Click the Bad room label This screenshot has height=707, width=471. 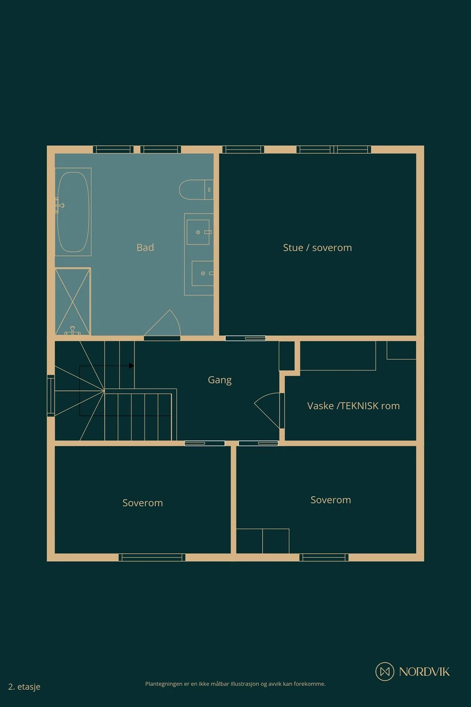145,247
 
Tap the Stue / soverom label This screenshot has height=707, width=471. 317,248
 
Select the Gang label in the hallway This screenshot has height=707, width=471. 220,380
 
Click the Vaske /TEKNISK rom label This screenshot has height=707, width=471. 354,406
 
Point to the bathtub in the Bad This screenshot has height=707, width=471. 73,212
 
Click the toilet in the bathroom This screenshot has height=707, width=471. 196,190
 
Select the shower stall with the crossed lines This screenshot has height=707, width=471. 73,301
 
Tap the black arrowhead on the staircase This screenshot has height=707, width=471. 132,366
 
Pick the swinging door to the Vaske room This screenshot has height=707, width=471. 268,411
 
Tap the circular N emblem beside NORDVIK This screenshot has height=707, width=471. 384,672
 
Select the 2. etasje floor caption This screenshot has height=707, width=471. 24,687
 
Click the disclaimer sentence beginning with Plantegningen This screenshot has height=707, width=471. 235,684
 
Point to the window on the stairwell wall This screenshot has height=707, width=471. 51,395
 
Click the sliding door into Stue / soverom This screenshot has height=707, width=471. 245,338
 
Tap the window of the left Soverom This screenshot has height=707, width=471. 152,558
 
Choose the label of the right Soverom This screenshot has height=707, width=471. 331,500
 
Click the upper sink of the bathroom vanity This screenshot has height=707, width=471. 199,232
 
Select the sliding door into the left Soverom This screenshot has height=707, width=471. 205,444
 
